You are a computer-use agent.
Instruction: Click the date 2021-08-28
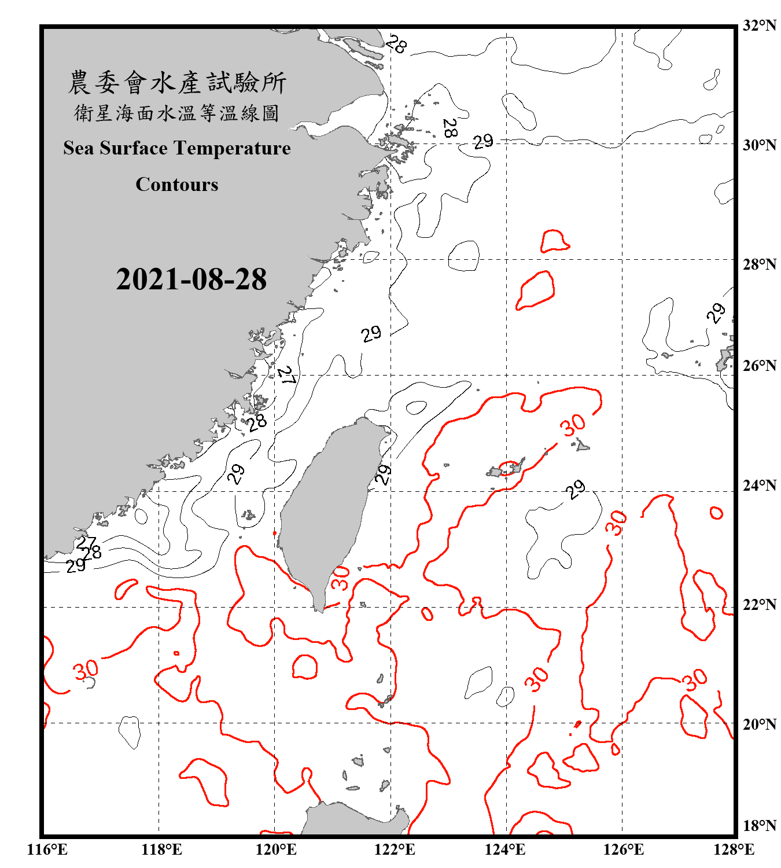191,279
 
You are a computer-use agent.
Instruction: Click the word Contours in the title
177,185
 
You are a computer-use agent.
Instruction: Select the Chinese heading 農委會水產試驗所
177,83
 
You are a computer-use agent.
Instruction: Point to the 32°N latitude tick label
760,25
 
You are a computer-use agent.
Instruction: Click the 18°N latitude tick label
760,826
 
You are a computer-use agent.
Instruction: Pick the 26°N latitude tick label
760,366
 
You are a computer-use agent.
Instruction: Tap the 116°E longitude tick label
47,849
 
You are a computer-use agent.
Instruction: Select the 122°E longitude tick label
395,849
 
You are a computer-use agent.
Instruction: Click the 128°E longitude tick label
734,849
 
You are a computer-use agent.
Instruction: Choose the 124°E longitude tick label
505,849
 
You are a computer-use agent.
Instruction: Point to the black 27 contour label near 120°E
287,376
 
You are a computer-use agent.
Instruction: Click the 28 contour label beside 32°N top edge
396,44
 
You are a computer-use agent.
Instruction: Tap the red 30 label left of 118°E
86,670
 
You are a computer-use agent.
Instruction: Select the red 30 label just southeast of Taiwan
341,578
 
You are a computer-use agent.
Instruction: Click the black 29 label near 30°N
483,141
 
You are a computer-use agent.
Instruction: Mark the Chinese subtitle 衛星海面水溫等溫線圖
177,113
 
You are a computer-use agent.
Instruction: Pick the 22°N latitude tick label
760,605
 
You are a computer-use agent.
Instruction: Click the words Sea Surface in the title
115,149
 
